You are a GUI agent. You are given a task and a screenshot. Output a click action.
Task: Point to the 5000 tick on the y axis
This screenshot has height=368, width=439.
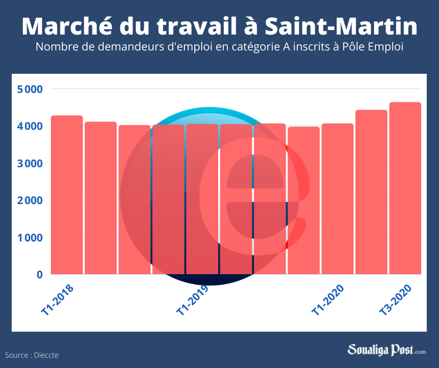click(x=30, y=89)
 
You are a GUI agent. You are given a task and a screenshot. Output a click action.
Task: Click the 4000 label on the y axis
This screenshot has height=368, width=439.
click(x=30, y=126)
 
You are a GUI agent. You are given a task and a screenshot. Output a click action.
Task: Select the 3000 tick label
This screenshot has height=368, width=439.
click(x=30, y=163)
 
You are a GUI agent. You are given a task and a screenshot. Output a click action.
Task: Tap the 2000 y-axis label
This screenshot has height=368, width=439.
click(x=30, y=200)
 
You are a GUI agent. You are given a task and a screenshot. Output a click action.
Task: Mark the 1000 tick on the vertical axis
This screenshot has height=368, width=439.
click(x=30, y=238)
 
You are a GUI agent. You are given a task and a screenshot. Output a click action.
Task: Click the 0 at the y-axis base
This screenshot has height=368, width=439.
click(x=40, y=275)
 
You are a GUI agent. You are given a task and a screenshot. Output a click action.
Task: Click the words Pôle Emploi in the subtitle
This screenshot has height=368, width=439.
click(x=373, y=47)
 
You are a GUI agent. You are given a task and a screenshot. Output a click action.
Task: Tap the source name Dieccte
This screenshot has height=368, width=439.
click(x=46, y=355)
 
